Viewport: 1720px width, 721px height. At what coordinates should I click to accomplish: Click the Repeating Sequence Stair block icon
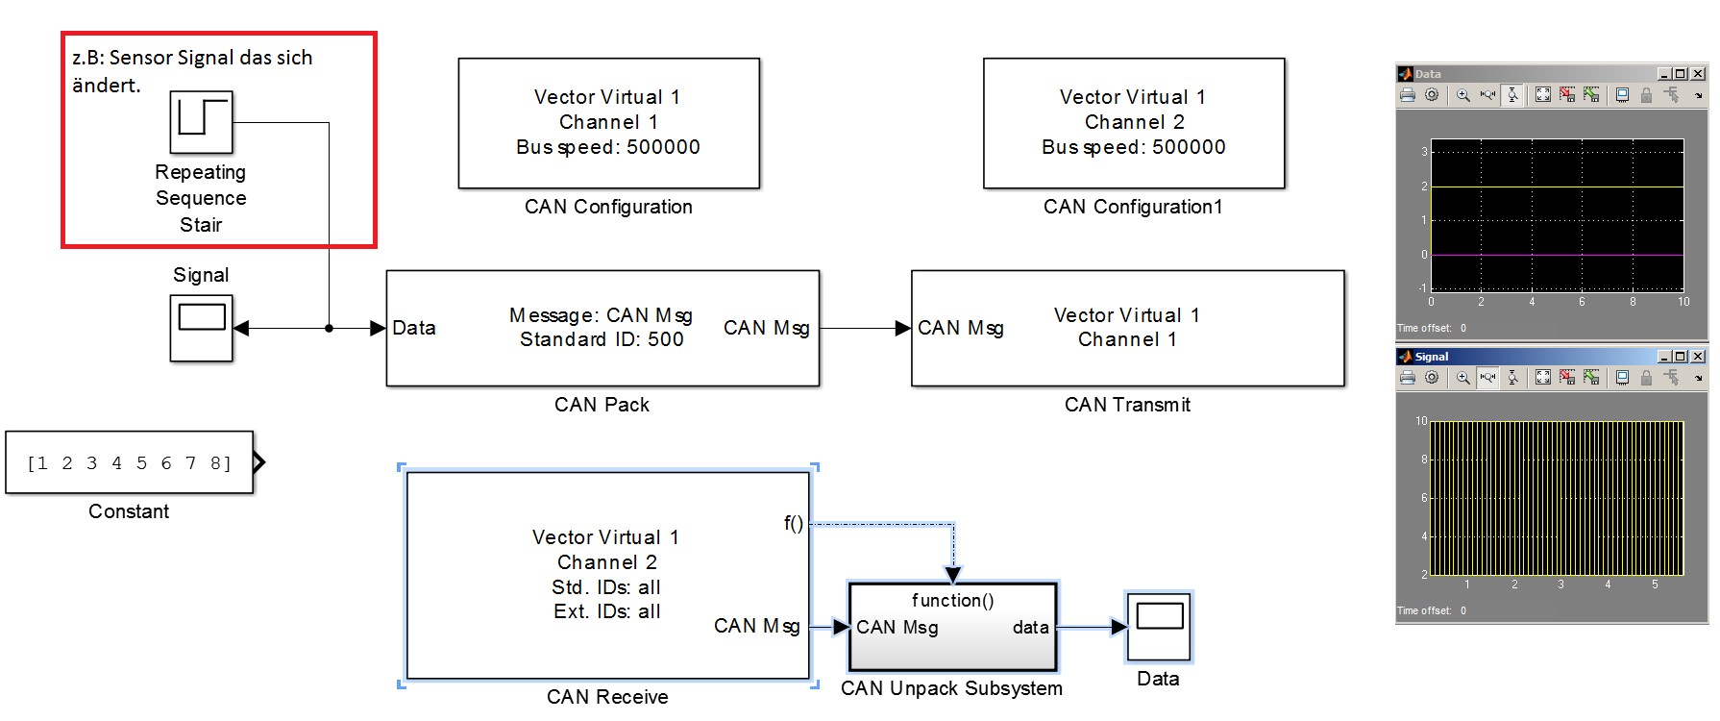(x=201, y=122)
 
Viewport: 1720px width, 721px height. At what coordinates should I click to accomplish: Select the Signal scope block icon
(x=201, y=328)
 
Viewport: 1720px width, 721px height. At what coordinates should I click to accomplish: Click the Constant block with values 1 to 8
(x=130, y=462)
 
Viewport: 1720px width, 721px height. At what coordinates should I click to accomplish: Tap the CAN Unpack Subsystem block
(x=952, y=627)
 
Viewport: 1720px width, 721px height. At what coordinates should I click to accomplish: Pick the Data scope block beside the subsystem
(x=1159, y=627)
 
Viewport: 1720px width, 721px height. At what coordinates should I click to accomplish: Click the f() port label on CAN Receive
(x=793, y=523)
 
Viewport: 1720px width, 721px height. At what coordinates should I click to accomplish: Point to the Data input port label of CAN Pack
(x=414, y=328)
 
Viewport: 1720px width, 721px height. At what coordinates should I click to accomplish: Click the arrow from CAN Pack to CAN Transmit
(x=865, y=328)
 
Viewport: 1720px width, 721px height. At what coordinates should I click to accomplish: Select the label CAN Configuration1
(x=1133, y=207)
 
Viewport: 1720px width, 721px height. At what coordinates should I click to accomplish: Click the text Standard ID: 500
(x=602, y=339)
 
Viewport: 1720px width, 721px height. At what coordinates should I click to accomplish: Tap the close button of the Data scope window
(x=1699, y=74)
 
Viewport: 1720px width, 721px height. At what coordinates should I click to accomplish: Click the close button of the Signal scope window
(x=1699, y=357)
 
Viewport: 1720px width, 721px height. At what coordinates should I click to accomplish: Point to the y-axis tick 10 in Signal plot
(x=1421, y=421)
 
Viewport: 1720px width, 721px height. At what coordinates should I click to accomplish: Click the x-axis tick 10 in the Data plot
(x=1683, y=302)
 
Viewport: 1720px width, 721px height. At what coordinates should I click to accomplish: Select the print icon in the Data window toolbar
(x=1408, y=95)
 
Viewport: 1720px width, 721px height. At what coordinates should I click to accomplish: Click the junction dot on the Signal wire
(x=329, y=328)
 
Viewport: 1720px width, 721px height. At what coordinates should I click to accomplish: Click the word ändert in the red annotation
(x=106, y=86)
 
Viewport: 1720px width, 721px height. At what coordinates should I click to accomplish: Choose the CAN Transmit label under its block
(x=1127, y=405)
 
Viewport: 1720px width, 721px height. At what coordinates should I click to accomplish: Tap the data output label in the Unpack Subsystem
(x=1030, y=628)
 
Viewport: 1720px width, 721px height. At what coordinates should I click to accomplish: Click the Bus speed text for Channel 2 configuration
(x=1133, y=147)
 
